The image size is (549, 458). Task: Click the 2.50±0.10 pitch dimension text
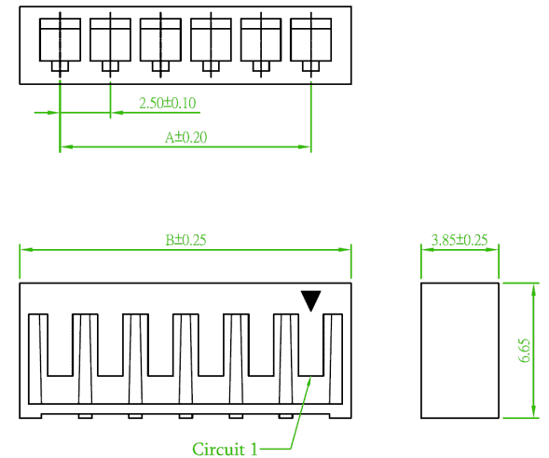168,103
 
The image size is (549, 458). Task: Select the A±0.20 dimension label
185,137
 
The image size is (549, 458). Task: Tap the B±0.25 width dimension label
185,240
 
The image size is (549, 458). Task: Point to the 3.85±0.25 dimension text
460,240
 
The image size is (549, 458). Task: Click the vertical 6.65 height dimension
525,351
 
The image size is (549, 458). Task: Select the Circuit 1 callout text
225,449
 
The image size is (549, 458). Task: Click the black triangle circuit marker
311,300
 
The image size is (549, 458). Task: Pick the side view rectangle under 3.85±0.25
460,351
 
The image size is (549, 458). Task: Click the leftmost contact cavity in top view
61,39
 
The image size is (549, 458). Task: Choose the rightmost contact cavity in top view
311,39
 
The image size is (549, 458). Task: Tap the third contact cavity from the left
160,39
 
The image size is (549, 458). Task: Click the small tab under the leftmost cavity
61,66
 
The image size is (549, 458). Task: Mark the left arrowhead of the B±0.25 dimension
24,249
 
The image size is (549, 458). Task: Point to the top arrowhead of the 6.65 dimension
533,288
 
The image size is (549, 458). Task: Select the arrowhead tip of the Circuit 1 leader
311,377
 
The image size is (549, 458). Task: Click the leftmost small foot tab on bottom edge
85,416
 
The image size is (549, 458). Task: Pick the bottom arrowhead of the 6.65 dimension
533,413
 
